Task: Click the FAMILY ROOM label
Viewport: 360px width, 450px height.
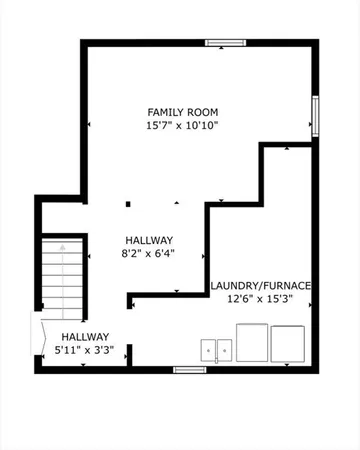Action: coord(183,111)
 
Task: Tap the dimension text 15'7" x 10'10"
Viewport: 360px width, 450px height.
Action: coord(183,126)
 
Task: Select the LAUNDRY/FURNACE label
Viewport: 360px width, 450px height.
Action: coord(261,286)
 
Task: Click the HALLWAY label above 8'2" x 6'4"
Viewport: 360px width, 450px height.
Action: coord(150,241)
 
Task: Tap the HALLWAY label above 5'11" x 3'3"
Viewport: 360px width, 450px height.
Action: coord(85,337)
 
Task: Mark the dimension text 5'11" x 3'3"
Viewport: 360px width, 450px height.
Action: coord(85,351)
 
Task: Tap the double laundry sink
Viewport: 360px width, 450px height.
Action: coord(217,349)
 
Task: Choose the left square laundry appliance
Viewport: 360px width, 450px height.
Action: coord(250,342)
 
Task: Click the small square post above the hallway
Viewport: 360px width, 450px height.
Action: coord(128,205)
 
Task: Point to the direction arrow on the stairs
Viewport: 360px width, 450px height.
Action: coord(61,245)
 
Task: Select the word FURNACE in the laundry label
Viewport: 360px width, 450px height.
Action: coord(287,286)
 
